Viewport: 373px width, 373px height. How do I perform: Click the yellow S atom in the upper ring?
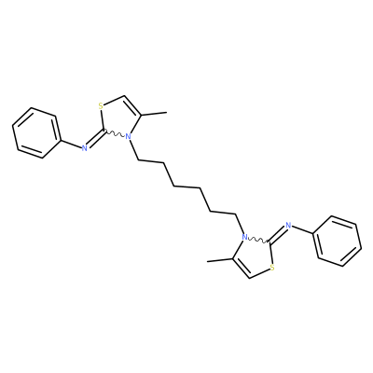coord(101,106)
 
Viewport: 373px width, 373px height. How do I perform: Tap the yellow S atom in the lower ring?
coord(272,268)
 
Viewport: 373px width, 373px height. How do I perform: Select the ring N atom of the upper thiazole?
coord(128,136)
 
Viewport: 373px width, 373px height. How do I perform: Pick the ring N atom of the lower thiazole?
coord(244,237)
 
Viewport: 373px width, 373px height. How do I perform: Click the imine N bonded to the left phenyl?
coord(84,148)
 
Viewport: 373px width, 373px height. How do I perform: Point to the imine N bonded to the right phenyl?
coord(288,226)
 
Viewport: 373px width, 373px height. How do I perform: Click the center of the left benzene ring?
coord(35,133)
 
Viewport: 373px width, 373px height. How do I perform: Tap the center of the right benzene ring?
coord(338,241)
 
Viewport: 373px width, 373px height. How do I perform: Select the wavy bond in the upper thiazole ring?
coord(115,133)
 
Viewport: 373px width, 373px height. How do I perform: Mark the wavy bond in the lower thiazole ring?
coord(258,241)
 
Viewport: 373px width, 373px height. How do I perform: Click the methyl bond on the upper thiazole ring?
coord(154,114)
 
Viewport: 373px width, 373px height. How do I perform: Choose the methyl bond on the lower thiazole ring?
coord(219,260)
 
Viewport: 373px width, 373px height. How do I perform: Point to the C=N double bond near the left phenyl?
coord(95,139)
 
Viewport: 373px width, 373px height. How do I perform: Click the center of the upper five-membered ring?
coord(119,117)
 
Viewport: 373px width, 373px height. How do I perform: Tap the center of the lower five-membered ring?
coord(254,256)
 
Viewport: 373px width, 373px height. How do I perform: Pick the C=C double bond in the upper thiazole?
coord(131,106)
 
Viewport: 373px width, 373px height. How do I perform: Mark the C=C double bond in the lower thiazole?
coord(242,268)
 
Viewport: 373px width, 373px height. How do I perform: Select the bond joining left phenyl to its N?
coord(70,144)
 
